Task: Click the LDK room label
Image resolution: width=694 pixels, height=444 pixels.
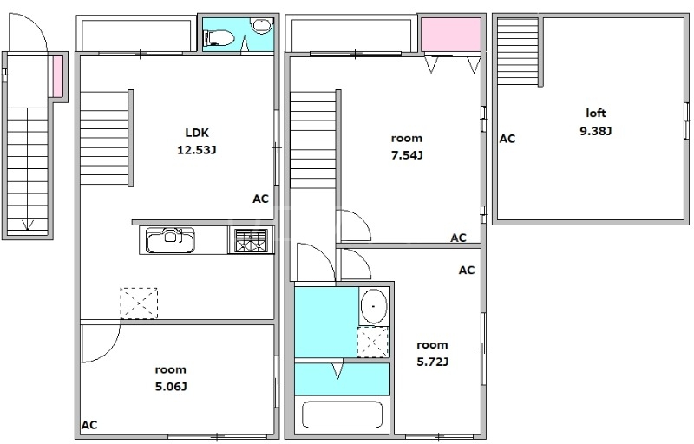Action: pos(197,133)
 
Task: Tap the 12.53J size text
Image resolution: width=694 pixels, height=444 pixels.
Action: pos(197,150)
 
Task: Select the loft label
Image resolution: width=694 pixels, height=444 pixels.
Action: pos(596,114)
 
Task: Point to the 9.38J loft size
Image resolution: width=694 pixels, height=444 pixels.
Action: pos(596,131)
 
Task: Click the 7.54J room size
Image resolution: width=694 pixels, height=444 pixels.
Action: pos(407,155)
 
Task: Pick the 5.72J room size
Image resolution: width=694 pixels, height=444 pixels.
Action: pos(432,362)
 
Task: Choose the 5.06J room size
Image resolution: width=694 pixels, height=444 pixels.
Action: pos(170,387)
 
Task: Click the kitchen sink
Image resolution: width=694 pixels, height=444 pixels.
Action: pos(170,240)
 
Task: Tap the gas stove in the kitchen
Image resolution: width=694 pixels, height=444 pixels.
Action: pos(251,240)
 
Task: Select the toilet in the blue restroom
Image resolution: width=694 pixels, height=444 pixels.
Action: pos(219,37)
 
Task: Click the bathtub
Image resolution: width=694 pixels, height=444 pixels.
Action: pos(342,415)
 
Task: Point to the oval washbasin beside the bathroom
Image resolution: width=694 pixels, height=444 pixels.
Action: pos(374,306)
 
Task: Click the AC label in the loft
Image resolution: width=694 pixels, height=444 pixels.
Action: pos(507,139)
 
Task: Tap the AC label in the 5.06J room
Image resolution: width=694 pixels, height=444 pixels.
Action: pos(89,425)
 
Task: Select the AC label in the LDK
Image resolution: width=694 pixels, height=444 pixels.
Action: pos(261,199)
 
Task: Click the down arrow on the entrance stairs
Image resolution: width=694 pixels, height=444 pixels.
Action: pos(28,225)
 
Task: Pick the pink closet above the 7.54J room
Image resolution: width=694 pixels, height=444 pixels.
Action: pos(451,35)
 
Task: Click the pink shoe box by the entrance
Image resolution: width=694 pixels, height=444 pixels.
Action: pos(58,76)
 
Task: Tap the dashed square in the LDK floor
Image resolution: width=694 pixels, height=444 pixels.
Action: pos(139,303)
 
